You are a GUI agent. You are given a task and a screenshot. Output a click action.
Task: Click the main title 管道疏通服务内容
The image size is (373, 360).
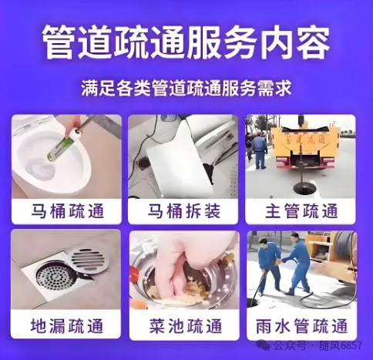coord(186,42)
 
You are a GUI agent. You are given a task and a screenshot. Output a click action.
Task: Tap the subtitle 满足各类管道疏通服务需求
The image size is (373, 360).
coord(186,89)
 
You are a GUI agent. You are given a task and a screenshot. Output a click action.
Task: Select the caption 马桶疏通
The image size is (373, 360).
coord(67,211)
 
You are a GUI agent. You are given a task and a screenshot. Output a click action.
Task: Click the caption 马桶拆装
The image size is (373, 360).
coord(183,211)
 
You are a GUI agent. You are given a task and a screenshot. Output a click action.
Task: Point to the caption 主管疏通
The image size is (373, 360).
coord(301,211)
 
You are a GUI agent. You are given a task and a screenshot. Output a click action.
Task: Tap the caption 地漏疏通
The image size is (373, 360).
coord(67,326)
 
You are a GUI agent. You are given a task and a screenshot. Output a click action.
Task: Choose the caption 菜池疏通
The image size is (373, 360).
coord(185,326)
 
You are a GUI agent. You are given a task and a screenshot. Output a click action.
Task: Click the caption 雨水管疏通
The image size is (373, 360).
coord(301,326)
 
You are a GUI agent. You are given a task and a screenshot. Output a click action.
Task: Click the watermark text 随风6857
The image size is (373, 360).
coord(341,345)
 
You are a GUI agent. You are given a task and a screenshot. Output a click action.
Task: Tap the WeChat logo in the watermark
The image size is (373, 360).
coord(263,345)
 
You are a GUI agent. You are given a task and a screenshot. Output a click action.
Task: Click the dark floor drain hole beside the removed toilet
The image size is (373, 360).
coord(144,163)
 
